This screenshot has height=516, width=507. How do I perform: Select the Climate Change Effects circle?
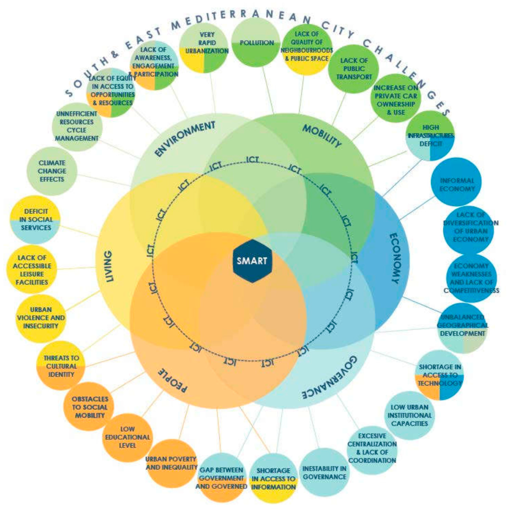[x=52, y=171]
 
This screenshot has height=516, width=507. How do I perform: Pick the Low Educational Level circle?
[x=127, y=437]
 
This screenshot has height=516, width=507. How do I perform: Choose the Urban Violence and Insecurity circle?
[x=41, y=318]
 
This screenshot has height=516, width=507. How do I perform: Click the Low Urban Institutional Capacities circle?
[x=409, y=415]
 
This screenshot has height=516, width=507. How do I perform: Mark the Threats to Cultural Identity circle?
[x=61, y=366]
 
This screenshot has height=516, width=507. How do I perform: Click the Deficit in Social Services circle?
[x=35, y=220]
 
